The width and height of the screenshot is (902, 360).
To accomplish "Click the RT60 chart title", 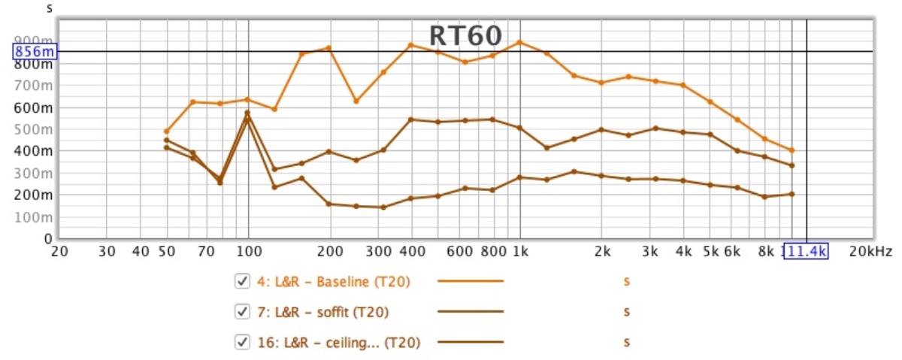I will tap(465, 35).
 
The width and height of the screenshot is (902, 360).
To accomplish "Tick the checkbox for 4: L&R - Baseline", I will tap(242, 281).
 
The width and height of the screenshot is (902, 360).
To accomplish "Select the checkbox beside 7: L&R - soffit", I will tap(242, 311).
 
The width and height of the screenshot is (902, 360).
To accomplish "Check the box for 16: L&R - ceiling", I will tap(242, 342).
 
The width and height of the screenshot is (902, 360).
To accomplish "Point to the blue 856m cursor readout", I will tap(35, 51).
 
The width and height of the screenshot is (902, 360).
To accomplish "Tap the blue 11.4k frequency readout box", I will tap(805, 253).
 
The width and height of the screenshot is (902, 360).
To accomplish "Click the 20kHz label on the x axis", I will tap(870, 253).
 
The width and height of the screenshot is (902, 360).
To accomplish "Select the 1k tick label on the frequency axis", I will tap(520, 253).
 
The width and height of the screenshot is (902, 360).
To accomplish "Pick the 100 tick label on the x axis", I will tap(248, 253).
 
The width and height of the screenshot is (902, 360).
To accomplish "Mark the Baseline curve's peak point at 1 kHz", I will tap(520, 42).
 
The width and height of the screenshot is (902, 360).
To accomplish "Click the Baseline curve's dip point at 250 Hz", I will tap(356, 101).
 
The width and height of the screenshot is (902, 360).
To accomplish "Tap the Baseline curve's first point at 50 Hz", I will tap(166, 131).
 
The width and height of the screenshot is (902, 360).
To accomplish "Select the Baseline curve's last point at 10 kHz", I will tap(792, 150).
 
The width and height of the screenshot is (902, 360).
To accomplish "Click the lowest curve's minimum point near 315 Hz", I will tap(383, 207).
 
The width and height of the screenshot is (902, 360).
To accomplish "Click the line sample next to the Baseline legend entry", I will tap(471, 281).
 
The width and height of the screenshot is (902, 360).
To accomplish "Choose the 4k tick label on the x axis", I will tap(683, 253).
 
